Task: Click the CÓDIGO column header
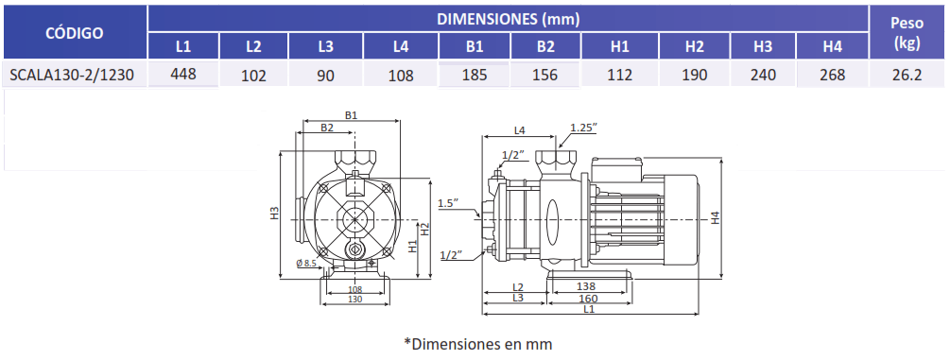75,33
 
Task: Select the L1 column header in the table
183,46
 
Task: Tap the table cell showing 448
183,74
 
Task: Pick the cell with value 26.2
907,75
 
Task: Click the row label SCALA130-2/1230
72,76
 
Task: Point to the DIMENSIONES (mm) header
509,19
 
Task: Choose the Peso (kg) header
907,33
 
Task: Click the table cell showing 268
833,75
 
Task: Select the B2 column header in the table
545,46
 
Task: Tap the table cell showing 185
475,76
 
